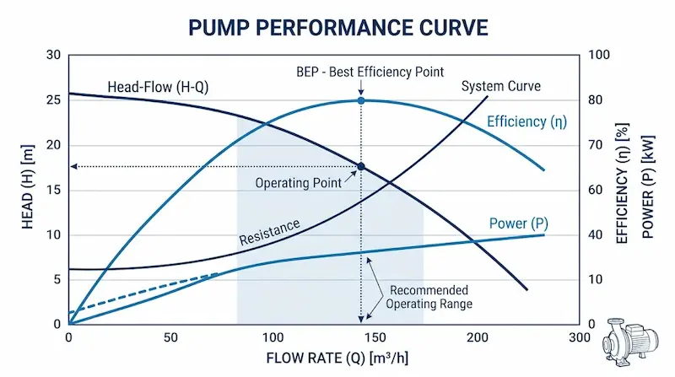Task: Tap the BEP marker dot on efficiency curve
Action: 361,100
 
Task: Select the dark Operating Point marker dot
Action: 361,167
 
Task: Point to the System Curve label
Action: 500,86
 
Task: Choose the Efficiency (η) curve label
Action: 527,121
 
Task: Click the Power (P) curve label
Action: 519,224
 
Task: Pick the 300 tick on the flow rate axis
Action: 578,337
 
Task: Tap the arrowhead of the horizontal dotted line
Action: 74,167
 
